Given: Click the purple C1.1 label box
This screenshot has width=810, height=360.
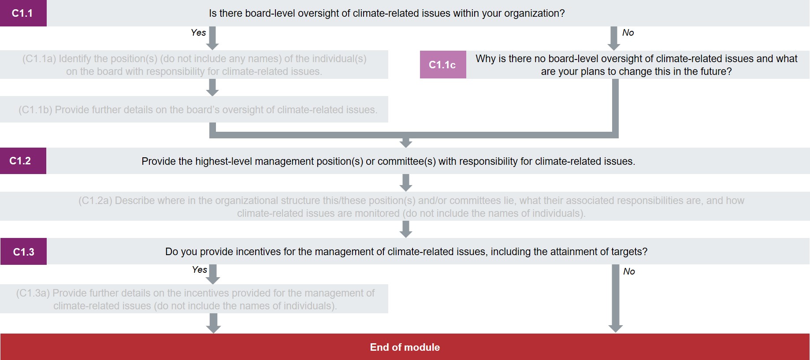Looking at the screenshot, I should coord(23,13).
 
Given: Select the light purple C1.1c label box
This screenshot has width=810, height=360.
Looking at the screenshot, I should coord(442,65).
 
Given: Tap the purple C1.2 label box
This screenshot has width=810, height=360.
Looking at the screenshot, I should coord(23,161).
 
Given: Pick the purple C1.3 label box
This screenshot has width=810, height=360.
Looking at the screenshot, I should coord(23,252).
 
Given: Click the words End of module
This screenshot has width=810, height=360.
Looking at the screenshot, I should coord(405,347).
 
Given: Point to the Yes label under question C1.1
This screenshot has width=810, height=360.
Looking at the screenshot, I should coord(198,33).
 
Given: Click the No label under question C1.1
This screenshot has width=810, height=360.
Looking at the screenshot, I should coord(628,33).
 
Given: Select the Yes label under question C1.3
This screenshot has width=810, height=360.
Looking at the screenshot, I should coord(199,270).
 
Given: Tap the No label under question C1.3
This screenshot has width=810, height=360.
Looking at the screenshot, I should coord(629,271).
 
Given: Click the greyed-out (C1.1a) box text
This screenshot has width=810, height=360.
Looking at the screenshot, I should coord(194,65).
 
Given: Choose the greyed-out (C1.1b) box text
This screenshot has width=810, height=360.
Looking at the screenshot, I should coord(198,110).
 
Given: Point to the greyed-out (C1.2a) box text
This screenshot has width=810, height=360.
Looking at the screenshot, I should coord(411,207).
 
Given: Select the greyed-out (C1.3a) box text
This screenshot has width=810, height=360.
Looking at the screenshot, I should coord(195,299).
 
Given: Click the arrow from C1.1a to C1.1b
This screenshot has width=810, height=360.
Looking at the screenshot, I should coord(213,87).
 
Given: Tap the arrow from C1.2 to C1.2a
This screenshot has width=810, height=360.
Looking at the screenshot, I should coord(406,182).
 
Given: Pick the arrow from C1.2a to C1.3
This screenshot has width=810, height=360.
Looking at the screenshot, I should coord(406,229).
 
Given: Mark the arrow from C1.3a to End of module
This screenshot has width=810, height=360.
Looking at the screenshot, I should coord(214,323).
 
